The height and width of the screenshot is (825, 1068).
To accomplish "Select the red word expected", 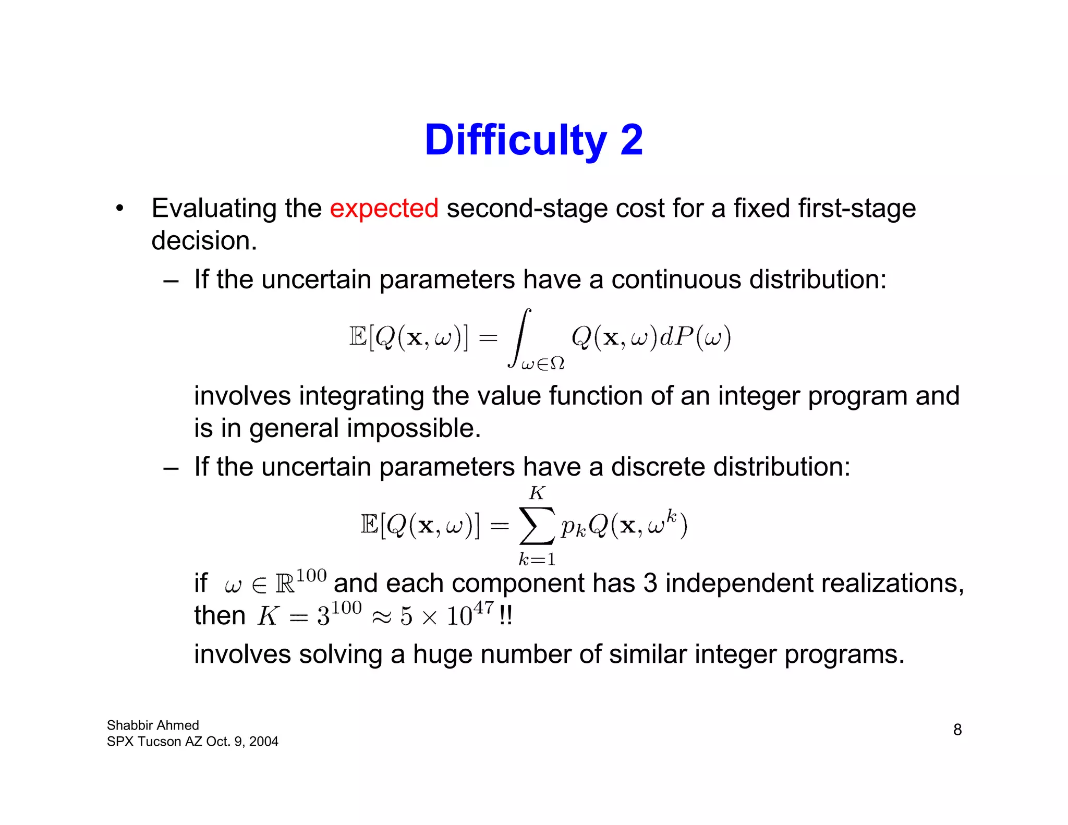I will [384, 208].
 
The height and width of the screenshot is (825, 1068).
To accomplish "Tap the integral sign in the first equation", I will [520, 338].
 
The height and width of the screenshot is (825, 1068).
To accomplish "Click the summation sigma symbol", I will [536, 525].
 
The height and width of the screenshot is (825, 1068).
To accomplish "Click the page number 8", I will [957, 730].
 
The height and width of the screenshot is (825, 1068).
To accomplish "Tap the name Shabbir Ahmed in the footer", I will [153, 725].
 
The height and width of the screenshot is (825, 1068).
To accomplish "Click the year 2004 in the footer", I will [263, 742].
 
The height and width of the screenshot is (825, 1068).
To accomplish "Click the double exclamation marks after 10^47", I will [505, 616].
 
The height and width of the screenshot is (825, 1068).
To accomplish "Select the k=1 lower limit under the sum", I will [537, 560].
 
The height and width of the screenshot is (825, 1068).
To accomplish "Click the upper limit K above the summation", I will [537, 493].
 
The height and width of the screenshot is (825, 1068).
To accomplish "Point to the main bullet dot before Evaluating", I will [120, 209].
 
